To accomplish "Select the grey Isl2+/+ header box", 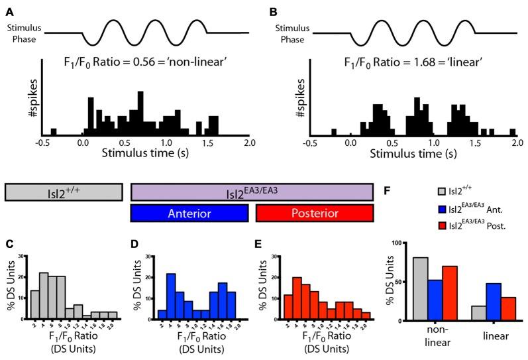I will [64, 192].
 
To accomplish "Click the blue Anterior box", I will [189, 213].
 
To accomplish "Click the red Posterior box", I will [315, 213].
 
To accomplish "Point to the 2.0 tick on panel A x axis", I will [249, 141].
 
